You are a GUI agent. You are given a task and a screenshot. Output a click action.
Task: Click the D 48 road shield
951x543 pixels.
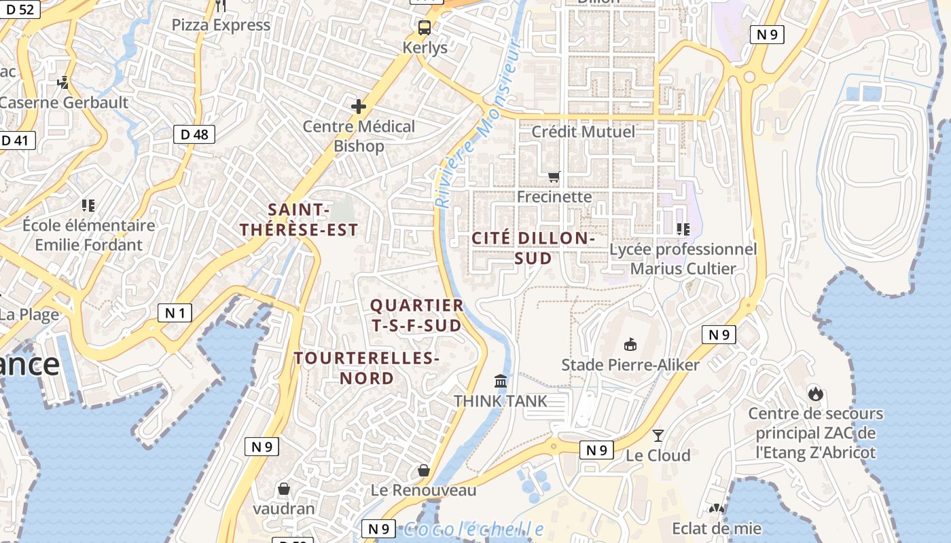195,134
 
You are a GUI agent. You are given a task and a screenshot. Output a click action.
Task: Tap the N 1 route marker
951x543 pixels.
175,312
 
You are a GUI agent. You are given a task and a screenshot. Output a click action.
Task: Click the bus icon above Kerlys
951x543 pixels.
425,28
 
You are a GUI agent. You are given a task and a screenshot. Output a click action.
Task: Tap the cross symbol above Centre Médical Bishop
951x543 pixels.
358,107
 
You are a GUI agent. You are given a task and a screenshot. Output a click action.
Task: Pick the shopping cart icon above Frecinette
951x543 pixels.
554,176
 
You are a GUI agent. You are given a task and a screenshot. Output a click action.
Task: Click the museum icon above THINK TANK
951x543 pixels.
501,381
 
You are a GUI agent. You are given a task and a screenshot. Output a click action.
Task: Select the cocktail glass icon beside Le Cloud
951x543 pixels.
658,435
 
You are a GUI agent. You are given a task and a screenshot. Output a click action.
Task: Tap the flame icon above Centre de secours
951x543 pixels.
815,393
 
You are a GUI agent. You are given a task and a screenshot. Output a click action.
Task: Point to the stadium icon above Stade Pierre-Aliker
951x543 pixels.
630,344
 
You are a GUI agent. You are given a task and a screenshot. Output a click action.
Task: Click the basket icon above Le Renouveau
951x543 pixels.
424,470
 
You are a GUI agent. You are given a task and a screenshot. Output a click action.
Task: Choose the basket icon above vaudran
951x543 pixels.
284,488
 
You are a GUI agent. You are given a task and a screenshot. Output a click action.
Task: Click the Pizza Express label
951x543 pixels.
221,25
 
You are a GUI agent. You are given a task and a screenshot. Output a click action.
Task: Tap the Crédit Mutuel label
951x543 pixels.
583,132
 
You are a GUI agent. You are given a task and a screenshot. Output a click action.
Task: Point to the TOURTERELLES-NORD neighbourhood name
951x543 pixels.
367,368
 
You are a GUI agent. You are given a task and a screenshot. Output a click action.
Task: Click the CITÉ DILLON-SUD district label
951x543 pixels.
533,248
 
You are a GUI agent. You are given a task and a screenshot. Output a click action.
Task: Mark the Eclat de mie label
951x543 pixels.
716,528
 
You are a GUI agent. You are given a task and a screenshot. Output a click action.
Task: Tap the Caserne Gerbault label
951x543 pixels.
64,102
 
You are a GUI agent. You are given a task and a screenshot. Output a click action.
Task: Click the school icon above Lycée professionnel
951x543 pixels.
683,229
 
